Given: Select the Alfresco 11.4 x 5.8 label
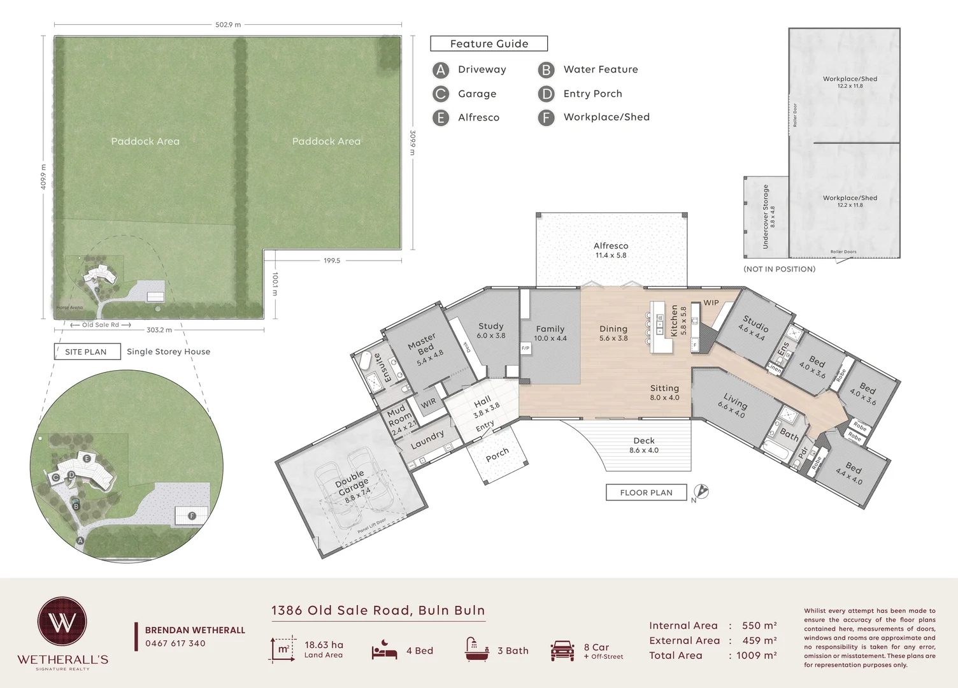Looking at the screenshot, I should (x=611, y=250).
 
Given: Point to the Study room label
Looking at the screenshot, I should (x=491, y=330).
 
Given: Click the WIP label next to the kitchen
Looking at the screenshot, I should (x=711, y=303).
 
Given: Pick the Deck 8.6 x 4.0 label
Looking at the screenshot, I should (x=644, y=445).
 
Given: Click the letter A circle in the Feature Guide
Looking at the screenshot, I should (x=441, y=70).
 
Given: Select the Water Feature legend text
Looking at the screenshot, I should (x=600, y=69).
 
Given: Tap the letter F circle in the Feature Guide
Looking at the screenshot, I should (x=546, y=118).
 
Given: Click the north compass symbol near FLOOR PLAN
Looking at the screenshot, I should (x=701, y=491).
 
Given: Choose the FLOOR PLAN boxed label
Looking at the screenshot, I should (x=646, y=492).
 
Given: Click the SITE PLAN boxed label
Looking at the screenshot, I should (x=87, y=352).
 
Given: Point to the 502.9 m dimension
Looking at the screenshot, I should (x=228, y=25).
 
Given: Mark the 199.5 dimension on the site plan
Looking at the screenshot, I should (x=332, y=261).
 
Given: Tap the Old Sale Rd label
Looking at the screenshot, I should (x=101, y=325).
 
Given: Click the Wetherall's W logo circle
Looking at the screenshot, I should (x=62, y=622).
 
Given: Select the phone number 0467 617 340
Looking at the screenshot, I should (x=175, y=643).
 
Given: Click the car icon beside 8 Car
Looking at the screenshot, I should (x=562, y=650).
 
